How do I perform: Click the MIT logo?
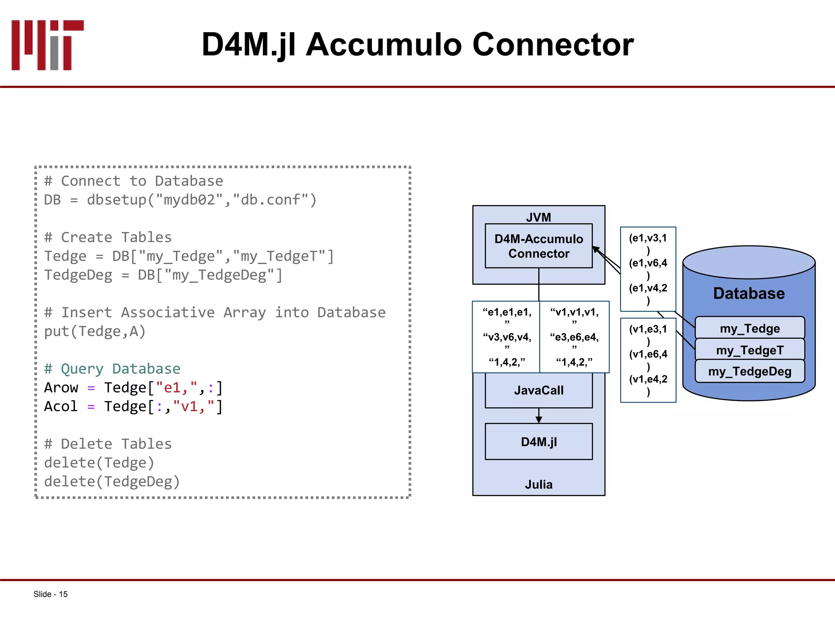(47, 45)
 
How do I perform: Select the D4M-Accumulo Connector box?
(538, 246)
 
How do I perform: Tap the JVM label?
(538, 217)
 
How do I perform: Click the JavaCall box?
(538, 390)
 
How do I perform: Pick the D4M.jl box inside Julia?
(538, 442)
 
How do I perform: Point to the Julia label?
(538, 485)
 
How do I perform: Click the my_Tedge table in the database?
(749, 328)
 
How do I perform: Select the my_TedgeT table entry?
(749, 350)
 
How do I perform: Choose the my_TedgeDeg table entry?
(749, 371)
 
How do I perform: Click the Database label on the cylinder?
(749, 293)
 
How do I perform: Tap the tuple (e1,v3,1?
(647, 238)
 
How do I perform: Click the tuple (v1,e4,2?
(647, 379)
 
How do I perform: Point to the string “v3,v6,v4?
(507, 337)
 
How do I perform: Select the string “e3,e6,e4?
(574, 337)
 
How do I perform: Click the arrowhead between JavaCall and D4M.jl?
(539, 419)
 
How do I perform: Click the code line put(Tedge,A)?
(95, 331)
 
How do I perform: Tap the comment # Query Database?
(112, 369)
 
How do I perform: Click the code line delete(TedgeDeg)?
(112, 482)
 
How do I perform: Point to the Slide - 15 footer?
(51, 594)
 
